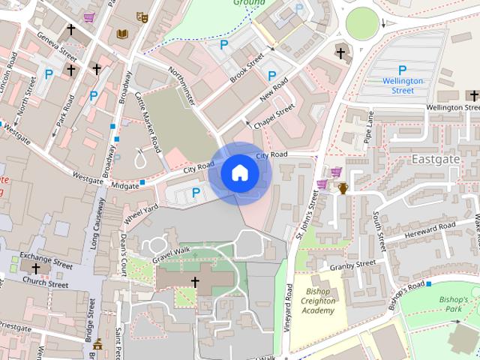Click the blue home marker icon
(239, 173)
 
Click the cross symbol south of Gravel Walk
(196, 282)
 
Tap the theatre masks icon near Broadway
(142, 16)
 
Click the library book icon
(121, 34)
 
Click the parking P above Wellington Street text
(403, 70)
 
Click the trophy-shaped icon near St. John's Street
(343, 187)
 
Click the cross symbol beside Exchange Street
(35, 268)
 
